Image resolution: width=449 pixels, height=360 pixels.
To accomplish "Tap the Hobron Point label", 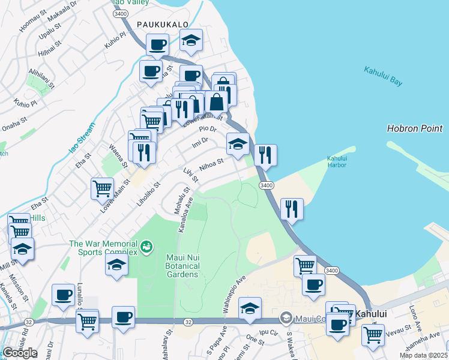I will [x=415, y=128].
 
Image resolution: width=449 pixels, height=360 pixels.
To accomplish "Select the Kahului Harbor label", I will [x=337, y=162].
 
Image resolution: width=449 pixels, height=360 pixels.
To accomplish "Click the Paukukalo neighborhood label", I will [x=163, y=24].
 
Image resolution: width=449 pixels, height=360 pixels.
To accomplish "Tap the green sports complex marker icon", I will [x=146, y=246].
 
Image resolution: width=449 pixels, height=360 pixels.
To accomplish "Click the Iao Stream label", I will [x=82, y=139].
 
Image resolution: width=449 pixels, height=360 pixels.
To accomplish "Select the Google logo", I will [x=20, y=353].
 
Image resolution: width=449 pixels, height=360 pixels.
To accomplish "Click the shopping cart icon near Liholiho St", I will [x=103, y=188].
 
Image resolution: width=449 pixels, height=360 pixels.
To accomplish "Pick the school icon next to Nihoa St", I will [x=238, y=143].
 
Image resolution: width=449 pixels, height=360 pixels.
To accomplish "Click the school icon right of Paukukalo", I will [x=191, y=40].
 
